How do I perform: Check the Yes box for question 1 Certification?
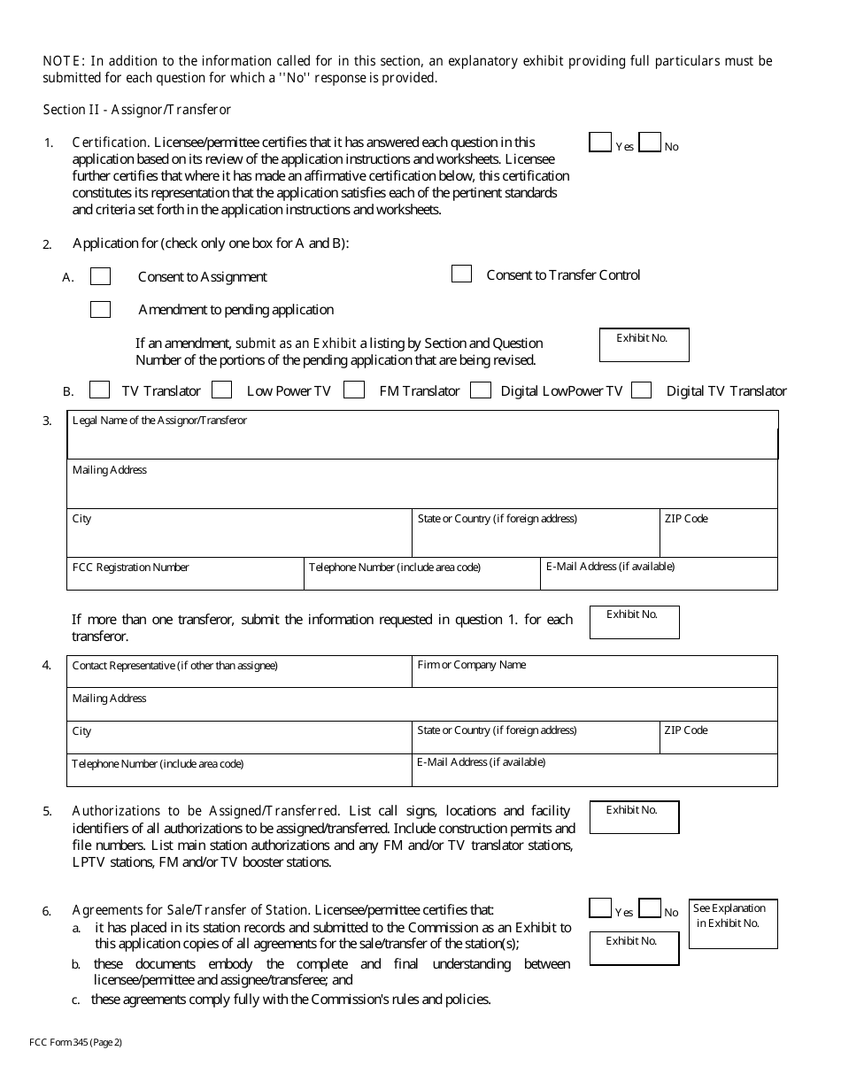tap(600, 143)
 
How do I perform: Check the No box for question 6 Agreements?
tap(650, 908)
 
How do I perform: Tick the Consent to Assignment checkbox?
tap(101, 277)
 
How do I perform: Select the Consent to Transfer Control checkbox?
tap(461, 274)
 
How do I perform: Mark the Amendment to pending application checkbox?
tap(101, 310)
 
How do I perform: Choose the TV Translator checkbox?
tap(100, 390)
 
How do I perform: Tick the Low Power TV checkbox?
tap(222, 390)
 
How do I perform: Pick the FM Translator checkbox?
tap(354, 390)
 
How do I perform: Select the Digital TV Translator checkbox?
tap(642, 390)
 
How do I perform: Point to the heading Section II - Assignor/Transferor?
tap(137, 110)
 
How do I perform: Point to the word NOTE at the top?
tap(61, 61)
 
